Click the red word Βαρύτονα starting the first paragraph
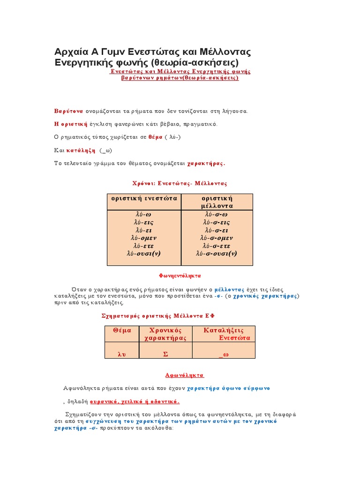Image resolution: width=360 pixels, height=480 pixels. coord(69,111)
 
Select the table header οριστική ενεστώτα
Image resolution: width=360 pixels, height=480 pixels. coord(144,198)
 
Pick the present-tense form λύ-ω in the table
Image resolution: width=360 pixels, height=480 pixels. coord(143,214)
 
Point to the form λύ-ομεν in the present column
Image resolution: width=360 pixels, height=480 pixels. coord(143,238)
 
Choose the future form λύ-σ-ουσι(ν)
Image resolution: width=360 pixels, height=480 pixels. coord(217,254)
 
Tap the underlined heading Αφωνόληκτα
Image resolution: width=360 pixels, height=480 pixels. coord(185,375)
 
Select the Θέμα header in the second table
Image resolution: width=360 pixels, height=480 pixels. coord(122,330)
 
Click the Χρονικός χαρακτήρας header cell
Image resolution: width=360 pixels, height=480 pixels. coord(165,334)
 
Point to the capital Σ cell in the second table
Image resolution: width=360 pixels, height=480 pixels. coord(165,354)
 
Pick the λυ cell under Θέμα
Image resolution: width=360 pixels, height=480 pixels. coord(122,354)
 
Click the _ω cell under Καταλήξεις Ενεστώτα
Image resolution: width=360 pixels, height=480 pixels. coord(224,354)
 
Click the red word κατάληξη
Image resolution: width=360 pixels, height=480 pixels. coord(81,150)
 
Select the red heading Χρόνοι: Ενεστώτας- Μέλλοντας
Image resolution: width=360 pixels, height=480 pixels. coord(180,183)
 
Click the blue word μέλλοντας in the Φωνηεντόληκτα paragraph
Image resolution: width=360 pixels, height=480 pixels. coord(226,289)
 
